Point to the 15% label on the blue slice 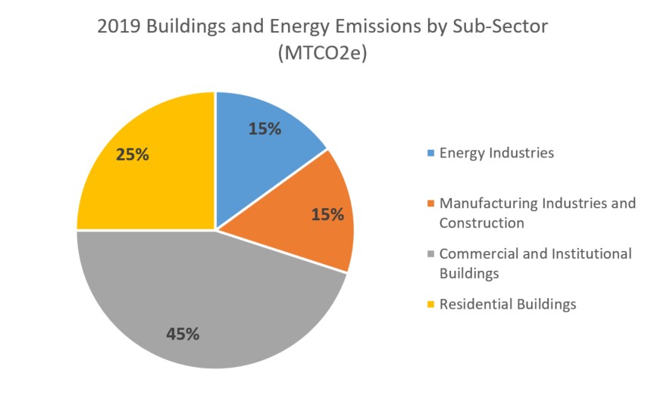click(x=265, y=129)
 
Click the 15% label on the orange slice click(x=327, y=214)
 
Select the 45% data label click(x=183, y=334)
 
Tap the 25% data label click(x=132, y=154)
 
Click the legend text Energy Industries click(x=496, y=153)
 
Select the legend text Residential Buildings click(x=508, y=304)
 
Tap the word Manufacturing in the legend click(x=484, y=203)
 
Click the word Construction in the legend click(x=481, y=223)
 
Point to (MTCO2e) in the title click(x=324, y=54)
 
